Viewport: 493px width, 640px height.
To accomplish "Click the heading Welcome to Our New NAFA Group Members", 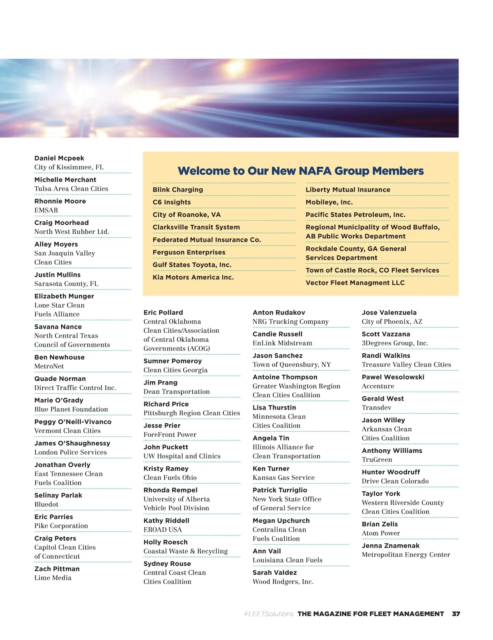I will [x=300, y=171].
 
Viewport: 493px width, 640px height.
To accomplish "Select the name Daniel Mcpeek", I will [x=59, y=158].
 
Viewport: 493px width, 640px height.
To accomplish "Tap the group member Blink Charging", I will [x=177, y=190].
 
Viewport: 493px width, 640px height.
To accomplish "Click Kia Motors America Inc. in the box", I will [x=193, y=277].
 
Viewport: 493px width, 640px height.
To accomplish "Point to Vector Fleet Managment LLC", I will [x=355, y=283].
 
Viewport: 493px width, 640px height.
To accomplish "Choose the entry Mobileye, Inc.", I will [x=329, y=202].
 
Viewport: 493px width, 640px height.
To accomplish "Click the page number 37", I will [x=456, y=614].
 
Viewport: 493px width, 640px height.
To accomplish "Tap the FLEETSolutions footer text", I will [x=269, y=614].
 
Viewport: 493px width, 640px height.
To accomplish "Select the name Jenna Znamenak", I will [x=390, y=546].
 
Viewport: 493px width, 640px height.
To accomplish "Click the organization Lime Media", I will [x=53, y=578].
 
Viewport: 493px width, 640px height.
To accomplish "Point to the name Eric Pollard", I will [x=163, y=313].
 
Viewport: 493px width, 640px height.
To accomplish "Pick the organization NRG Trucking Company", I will [x=290, y=322].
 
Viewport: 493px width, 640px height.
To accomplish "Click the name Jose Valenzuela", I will [x=389, y=313].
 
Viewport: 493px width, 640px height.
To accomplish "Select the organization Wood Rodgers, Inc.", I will [x=283, y=582].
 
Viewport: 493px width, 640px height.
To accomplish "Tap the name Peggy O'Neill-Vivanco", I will [x=73, y=422].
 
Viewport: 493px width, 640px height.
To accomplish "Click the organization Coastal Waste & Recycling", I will [x=185, y=551].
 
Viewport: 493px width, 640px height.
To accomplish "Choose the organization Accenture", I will [x=378, y=386].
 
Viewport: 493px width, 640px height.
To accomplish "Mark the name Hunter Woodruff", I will [x=391, y=472].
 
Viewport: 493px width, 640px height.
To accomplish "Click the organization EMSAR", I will [x=46, y=210].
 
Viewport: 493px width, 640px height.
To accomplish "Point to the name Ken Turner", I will [x=271, y=469].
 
